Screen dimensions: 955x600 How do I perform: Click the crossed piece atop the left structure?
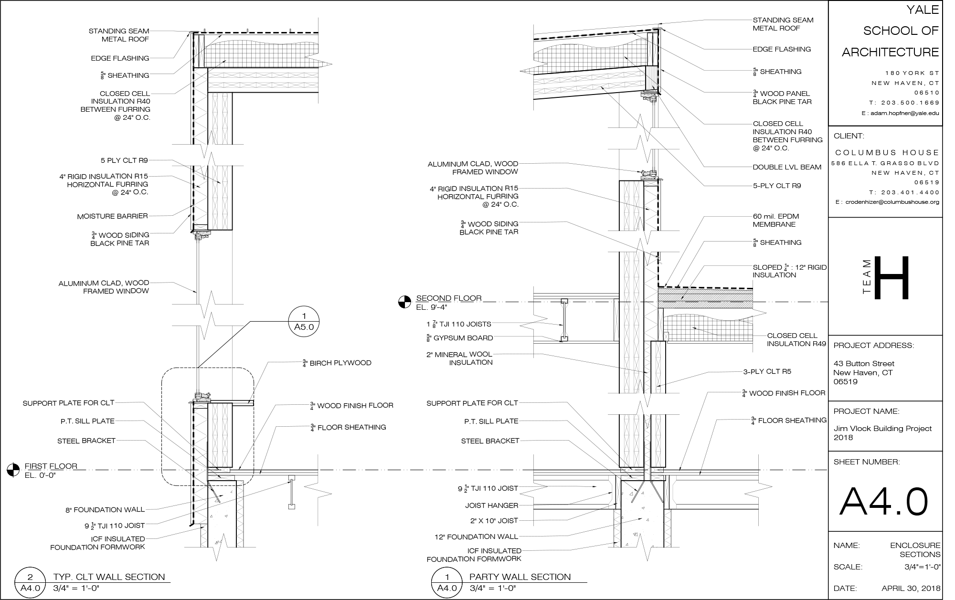199,51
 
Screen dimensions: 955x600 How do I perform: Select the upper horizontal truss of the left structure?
263,75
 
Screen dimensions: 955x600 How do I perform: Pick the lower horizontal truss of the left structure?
263,85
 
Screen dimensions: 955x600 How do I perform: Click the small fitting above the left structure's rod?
202,234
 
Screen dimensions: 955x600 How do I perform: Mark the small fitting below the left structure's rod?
202,397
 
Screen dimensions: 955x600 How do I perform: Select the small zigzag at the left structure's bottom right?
240,514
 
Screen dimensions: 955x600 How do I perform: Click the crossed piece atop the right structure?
652,49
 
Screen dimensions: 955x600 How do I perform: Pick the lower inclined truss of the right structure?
589,88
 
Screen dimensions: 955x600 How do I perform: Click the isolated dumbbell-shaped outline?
564,320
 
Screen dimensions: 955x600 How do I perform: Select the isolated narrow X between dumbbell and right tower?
616,320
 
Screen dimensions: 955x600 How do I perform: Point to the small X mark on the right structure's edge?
666,337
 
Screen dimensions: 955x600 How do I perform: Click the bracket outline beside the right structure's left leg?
611,492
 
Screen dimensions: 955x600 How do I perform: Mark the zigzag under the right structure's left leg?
616,528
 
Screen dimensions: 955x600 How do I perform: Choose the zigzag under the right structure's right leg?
668,528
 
